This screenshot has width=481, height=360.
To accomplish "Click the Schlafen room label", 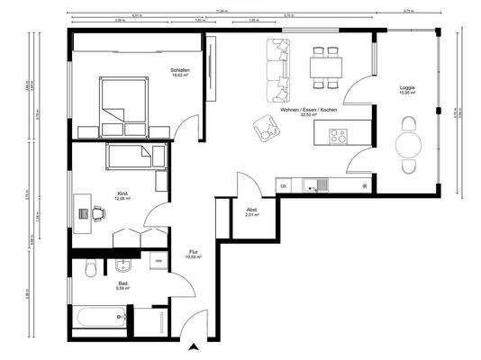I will click(x=179, y=70).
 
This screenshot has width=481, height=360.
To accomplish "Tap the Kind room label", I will click(x=123, y=193).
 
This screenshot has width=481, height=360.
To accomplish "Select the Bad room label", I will click(x=123, y=283).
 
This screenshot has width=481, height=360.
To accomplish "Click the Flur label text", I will click(x=194, y=252).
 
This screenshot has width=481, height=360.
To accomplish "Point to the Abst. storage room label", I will click(x=252, y=211).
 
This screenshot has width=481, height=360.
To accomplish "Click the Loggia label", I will click(x=407, y=88).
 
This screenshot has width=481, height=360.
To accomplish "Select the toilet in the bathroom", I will click(x=88, y=268).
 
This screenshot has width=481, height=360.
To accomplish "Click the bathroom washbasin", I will click(x=123, y=265).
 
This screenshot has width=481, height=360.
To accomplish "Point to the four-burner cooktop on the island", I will click(x=339, y=137).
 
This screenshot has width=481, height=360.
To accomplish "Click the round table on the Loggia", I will click(x=409, y=144).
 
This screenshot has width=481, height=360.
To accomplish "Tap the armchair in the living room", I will click(x=265, y=128).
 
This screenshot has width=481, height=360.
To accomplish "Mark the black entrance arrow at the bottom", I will click(x=193, y=346).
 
